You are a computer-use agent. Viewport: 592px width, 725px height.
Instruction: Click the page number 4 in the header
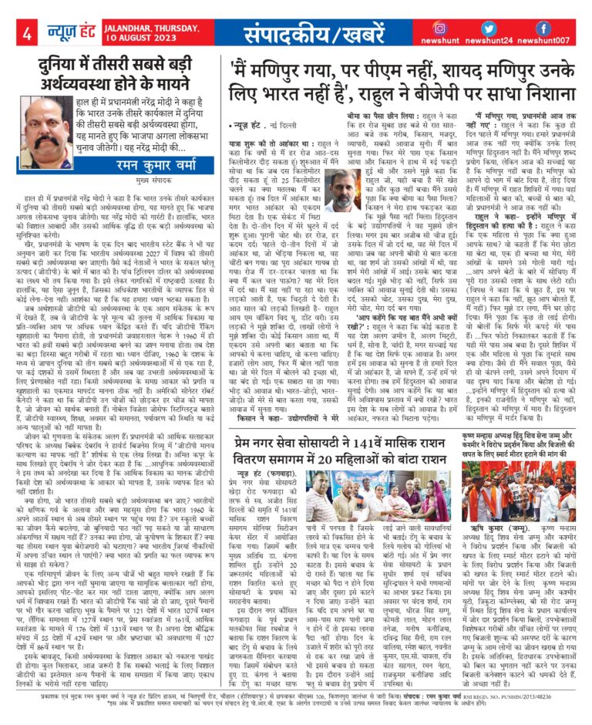pyautogui.click(x=26, y=33)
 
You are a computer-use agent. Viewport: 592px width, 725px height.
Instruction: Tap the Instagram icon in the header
pyautogui.click(x=442, y=28)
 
